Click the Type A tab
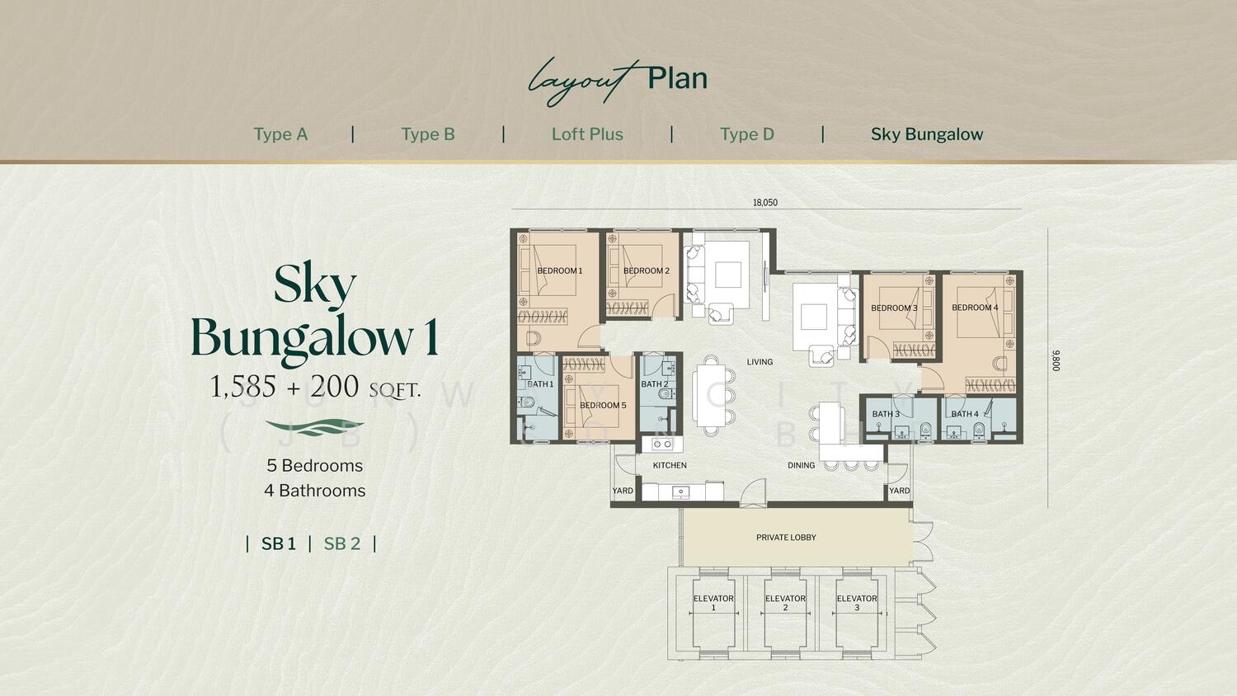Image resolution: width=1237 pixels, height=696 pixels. (280, 134)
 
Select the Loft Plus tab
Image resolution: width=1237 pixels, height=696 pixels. (587, 134)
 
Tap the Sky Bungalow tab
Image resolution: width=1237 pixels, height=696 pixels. (927, 134)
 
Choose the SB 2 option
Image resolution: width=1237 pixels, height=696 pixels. (342, 543)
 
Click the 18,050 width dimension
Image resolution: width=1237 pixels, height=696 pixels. (764, 203)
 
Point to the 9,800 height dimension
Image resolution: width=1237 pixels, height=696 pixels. (1056, 360)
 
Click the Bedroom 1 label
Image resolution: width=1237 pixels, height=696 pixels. (559, 270)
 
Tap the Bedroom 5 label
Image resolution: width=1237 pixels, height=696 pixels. (603, 405)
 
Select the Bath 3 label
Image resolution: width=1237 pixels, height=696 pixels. (886, 414)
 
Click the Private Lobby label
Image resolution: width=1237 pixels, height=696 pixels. (786, 538)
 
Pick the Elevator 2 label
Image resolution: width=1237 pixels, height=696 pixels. (785, 603)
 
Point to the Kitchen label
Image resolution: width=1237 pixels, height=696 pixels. (670, 465)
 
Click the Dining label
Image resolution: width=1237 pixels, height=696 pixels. (802, 465)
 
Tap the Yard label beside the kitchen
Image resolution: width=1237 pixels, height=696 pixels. (623, 491)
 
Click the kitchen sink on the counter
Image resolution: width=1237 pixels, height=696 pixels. (681, 491)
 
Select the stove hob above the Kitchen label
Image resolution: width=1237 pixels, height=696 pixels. (661, 444)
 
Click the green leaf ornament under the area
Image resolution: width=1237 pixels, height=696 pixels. (314, 427)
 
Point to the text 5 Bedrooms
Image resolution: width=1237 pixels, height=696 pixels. (315, 466)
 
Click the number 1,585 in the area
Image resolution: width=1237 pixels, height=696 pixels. (243, 387)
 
